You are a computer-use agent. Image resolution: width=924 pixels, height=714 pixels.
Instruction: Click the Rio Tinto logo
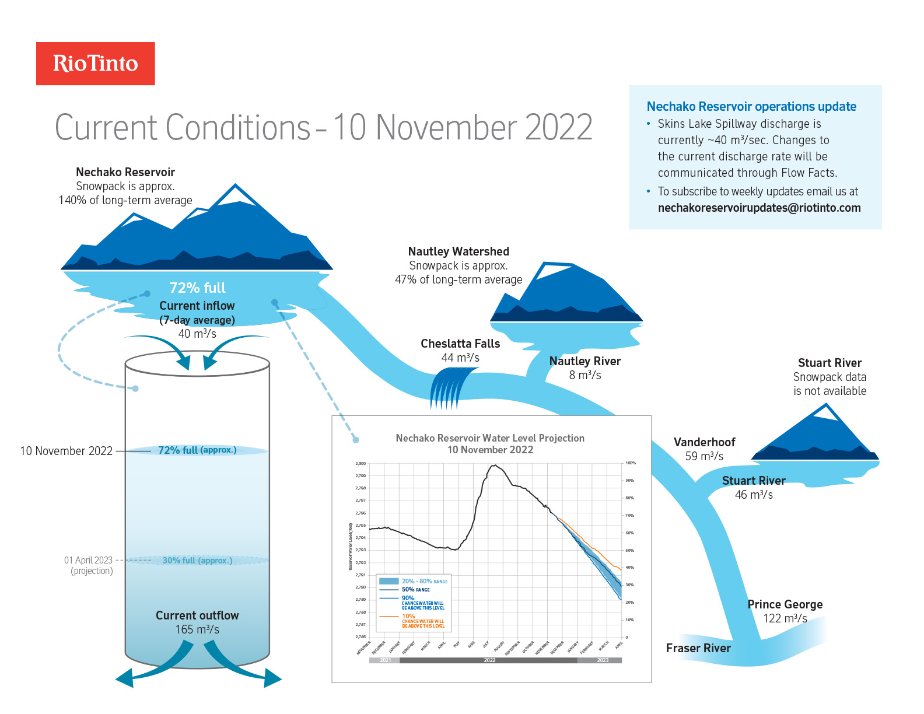pyautogui.click(x=96, y=64)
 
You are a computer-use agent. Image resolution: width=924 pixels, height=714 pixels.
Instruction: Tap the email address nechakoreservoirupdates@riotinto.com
pyautogui.click(x=759, y=208)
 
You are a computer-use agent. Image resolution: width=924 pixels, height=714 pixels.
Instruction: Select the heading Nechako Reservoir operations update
pyautogui.click(x=751, y=107)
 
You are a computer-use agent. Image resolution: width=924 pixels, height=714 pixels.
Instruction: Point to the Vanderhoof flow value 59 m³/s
pyautogui.click(x=704, y=456)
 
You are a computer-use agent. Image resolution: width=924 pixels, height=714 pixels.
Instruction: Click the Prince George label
pyautogui.click(x=785, y=604)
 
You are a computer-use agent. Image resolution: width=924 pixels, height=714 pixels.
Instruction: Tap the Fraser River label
pyautogui.click(x=698, y=648)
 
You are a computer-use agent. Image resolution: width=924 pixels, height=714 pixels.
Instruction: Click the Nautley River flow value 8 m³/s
pyautogui.click(x=585, y=375)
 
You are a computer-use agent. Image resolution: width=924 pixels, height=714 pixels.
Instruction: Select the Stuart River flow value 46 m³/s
pyautogui.click(x=754, y=495)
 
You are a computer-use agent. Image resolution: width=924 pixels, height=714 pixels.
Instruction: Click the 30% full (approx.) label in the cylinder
pyautogui.click(x=197, y=561)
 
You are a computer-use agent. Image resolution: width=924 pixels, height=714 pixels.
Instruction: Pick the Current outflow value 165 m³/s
pyautogui.click(x=197, y=629)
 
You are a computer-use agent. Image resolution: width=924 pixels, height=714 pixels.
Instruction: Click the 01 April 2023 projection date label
pyautogui.click(x=88, y=560)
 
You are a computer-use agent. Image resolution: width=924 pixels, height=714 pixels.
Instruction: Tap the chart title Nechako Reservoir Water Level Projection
pyautogui.click(x=490, y=438)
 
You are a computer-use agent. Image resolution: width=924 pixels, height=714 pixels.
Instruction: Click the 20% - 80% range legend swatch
pyautogui.click(x=388, y=581)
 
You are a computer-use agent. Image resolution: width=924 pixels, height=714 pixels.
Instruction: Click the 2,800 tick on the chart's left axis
pyautogui.click(x=360, y=464)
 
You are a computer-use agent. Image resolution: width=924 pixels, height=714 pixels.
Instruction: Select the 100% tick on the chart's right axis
pyautogui.click(x=631, y=463)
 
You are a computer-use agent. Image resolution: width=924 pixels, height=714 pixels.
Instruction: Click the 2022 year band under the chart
pyautogui.click(x=489, y=660)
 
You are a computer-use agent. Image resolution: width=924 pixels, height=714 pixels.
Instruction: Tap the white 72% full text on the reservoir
pyautogui.click(x=197, y=288)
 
